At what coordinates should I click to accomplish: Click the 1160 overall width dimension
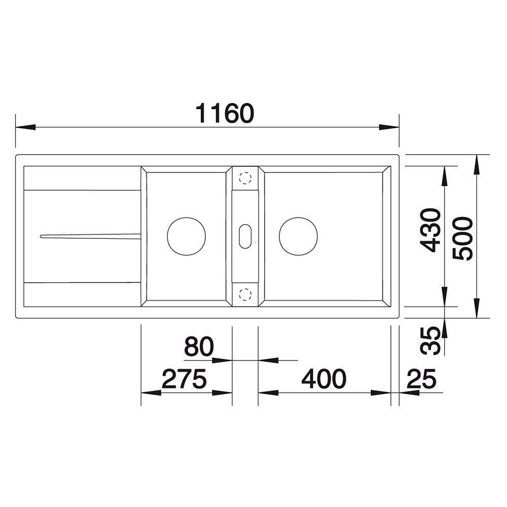click(x=225, y=113)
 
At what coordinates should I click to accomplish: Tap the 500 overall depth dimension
click(x=463, y=238)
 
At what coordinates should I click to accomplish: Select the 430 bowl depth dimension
click(x=430, y=230)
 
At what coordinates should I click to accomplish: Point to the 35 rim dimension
click(x=430, y=341)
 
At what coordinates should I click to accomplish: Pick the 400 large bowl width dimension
click(x=323, y=379)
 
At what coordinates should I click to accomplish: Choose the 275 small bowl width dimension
click(x=184, y=379)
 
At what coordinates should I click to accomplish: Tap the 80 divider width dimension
click(x=199, y=346)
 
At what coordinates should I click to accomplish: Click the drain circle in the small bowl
click(x=186, y=236)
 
